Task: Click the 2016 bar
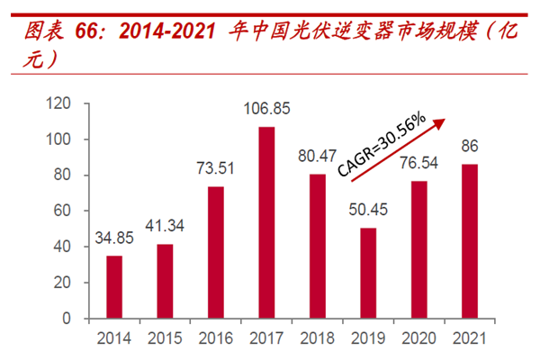pyautogui.click(x=215, y=252)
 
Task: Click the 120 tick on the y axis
pyautogui.click(x=60, y=104)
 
